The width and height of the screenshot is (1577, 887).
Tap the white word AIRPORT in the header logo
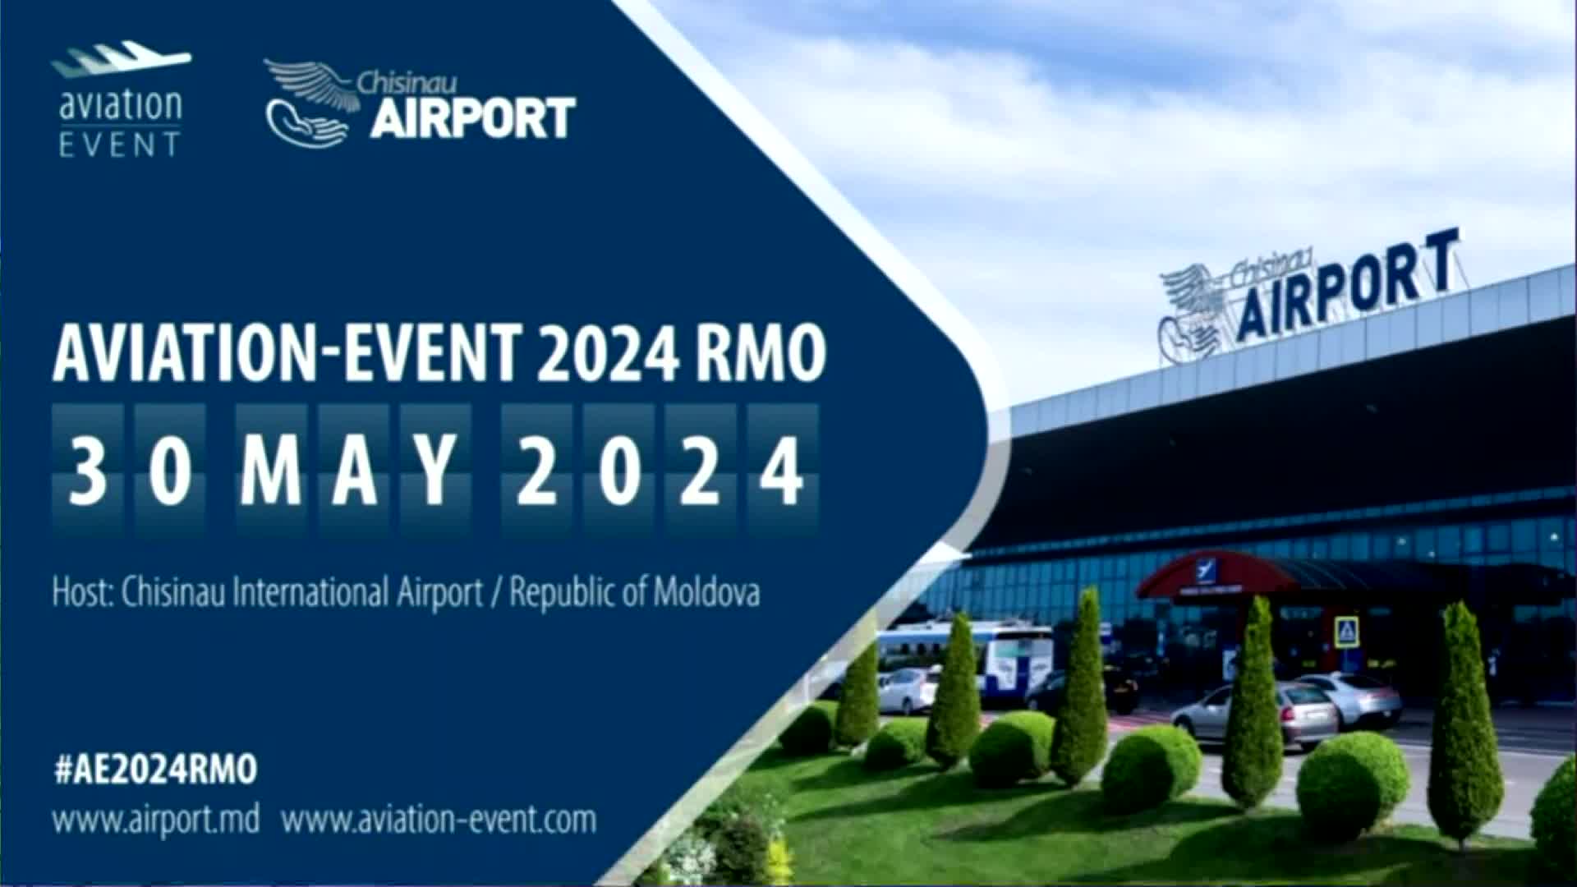click(473, 117)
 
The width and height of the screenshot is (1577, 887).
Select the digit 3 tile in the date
click(88, 471)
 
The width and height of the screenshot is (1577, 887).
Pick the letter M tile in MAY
click(271, 471)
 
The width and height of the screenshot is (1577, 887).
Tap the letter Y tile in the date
click(437, 471)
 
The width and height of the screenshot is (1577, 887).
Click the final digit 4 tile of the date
click(783, 471)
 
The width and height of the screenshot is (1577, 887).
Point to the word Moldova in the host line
click(706, 592)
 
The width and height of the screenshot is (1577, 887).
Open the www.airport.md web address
click(156, 820)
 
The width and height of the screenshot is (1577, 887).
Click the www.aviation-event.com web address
click(439, 820)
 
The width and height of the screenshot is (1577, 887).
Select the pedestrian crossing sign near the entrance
click(1345, 631)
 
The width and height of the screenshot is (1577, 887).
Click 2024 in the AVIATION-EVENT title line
click(608, 353)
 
